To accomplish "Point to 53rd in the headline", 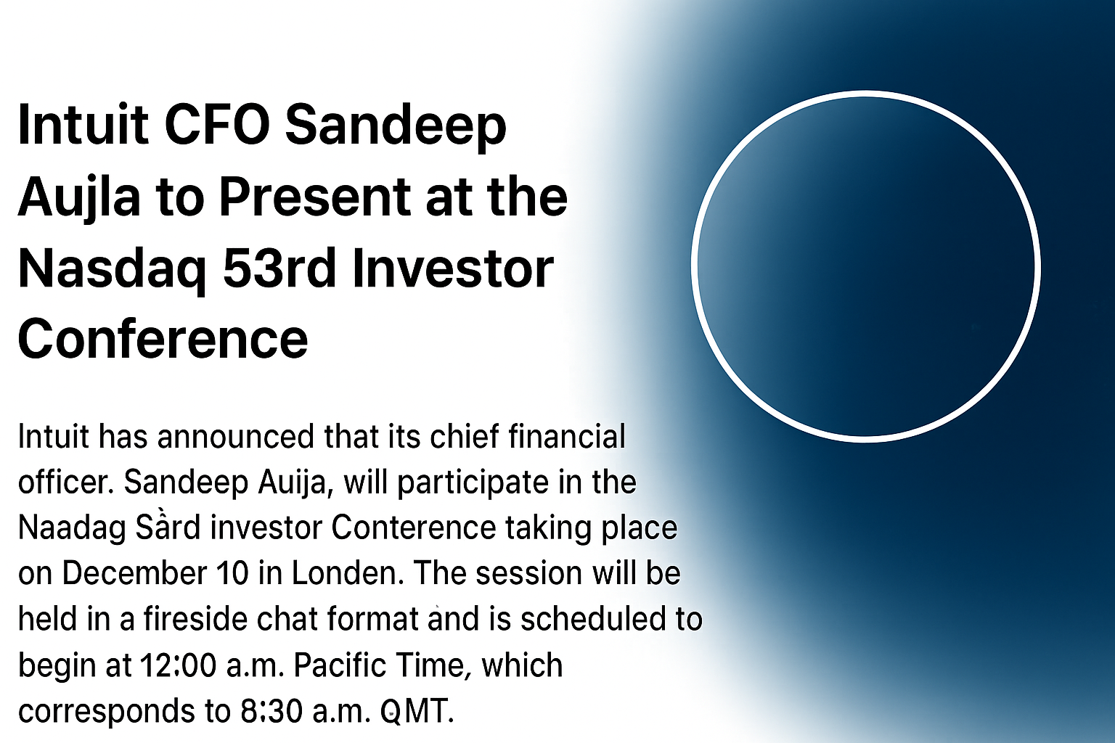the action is [x=279, y=268].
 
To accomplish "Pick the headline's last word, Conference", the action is [x=163, y=339].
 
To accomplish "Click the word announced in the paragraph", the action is [x=236, y=437].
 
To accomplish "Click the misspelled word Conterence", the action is [x=414, y=528].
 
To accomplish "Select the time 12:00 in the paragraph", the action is [x=178, y=665].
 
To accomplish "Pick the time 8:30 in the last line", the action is [x=272, y=710].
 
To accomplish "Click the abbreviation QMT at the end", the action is [x=417, y=710].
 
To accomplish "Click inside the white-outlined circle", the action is [x=865, y=266].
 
